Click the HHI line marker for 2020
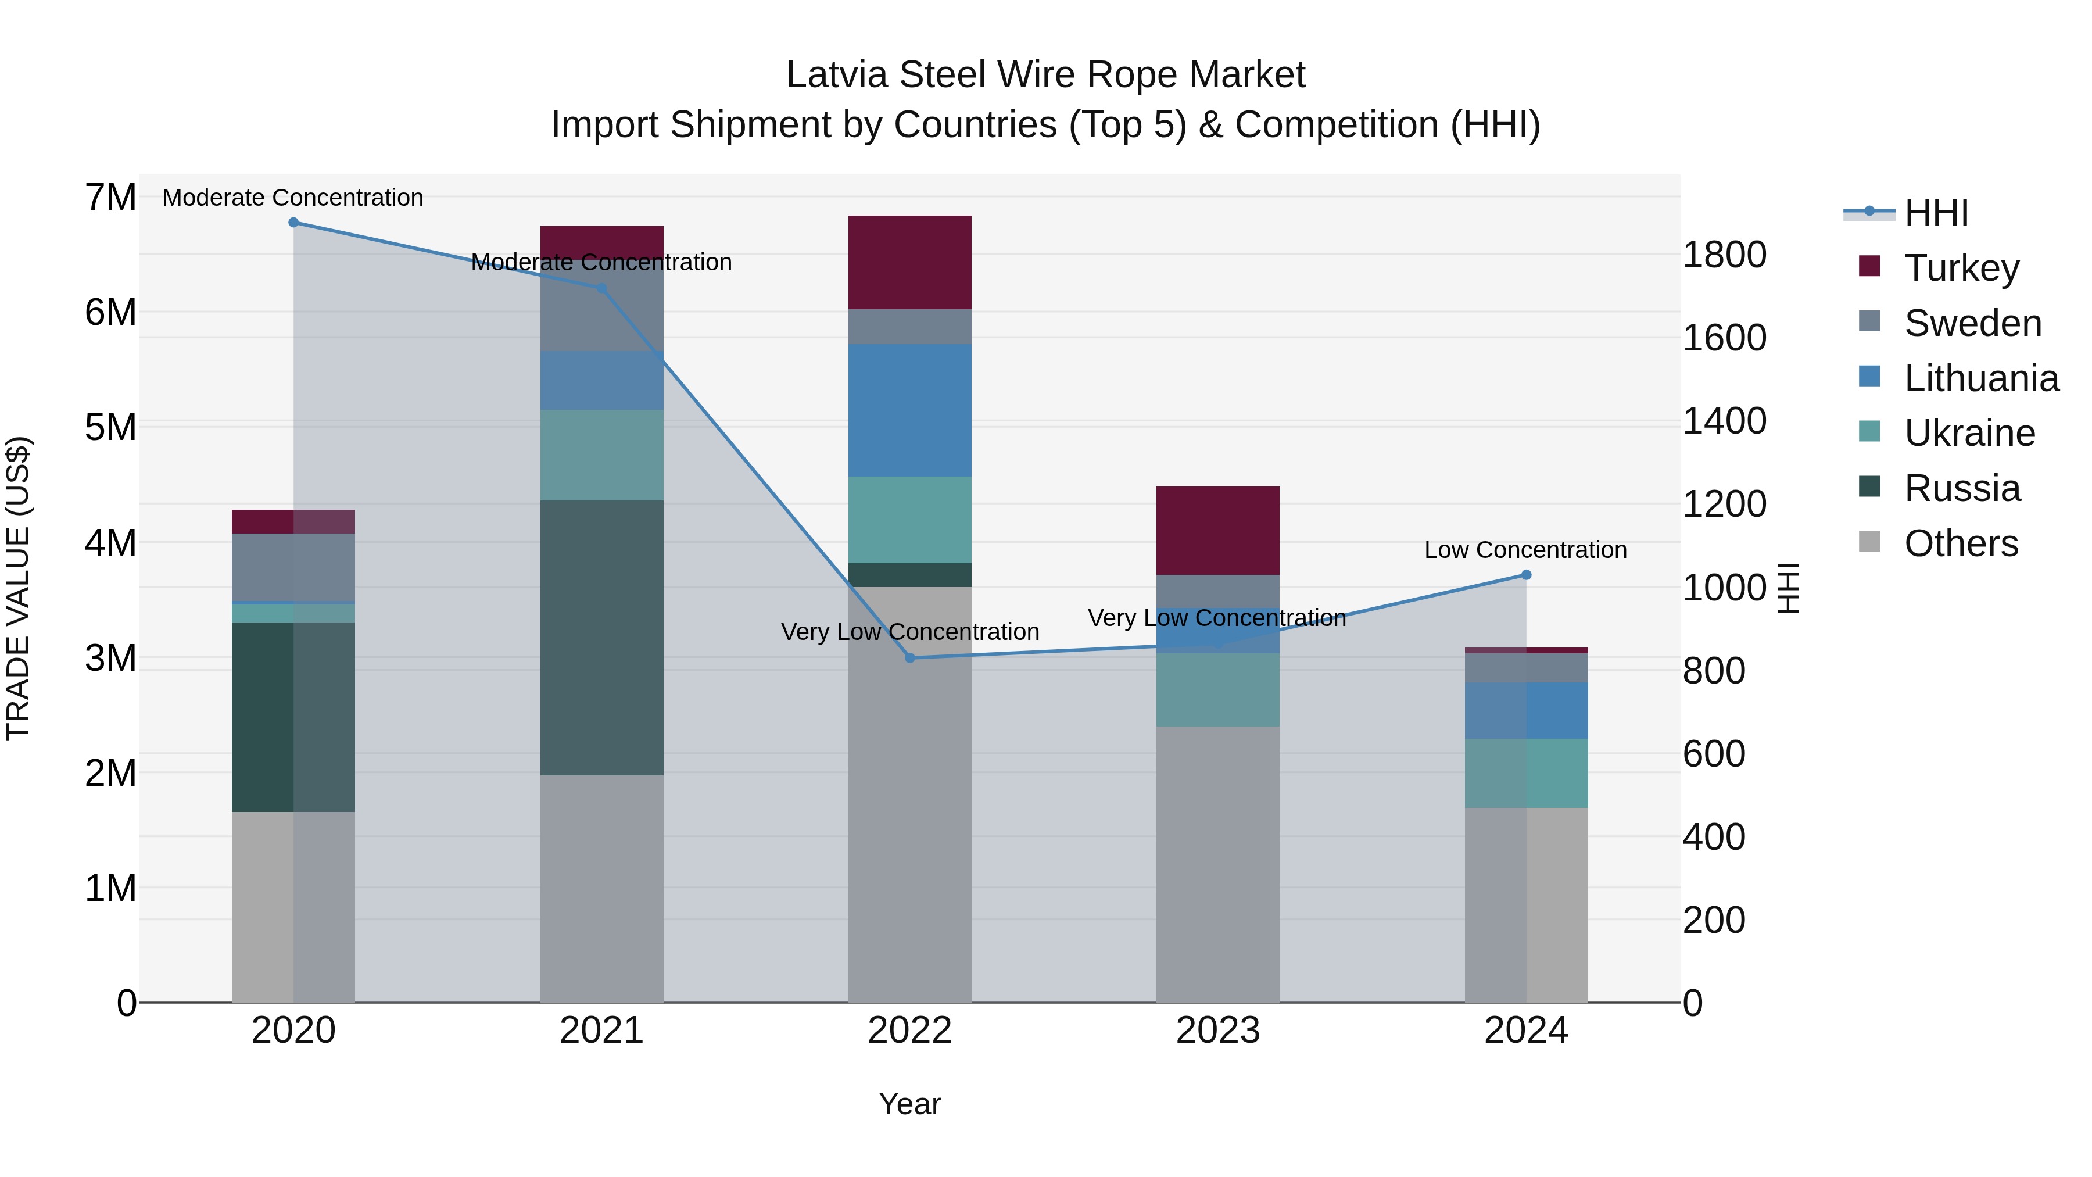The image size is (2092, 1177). pos(294,223)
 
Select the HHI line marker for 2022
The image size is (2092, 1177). pos(909,658)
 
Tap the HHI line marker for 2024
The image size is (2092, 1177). pos(1526,575)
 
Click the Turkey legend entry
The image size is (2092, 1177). pos(1961,268)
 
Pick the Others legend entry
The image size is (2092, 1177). pos(1961,543)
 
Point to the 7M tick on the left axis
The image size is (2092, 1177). pos(110,198)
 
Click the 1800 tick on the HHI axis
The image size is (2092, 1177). pos(1724,255)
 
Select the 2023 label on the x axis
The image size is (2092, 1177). pos(1217,1031)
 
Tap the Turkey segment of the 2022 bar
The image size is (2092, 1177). pos(909,262)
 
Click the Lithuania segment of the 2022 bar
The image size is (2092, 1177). pos(909,410)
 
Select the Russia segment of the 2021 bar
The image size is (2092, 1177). pos(602,638)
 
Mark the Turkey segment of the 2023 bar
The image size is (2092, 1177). pos(1217,531)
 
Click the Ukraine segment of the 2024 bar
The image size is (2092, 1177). pos(1526,773)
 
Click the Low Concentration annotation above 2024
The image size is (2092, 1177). pos(1525,550)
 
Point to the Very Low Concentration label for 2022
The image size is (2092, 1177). pos(909,632)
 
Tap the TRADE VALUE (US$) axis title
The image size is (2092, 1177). pos(18,588)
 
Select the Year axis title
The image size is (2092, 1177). pos(909,1104)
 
